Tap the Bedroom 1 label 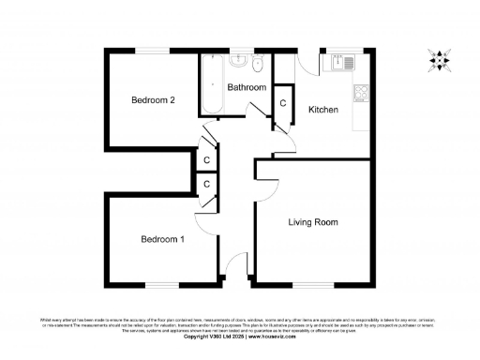click(x=162, y=239)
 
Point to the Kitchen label click(x=323, y=111)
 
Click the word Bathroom click(x=247, y=87)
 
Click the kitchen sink click(x=337, y=64)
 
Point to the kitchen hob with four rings click(x=360, y=92)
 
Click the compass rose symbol click(x=437, y=60)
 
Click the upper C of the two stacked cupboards click(x=206, y=160)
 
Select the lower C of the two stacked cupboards click(x=206, y=185)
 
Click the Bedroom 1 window click(x=160, y=284)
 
